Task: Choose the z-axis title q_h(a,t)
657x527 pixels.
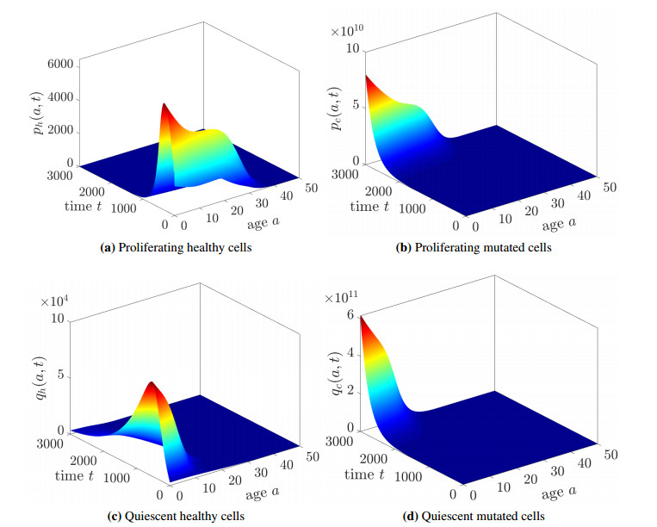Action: coord(32,375)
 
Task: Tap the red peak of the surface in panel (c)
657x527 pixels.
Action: coord(152,385)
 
